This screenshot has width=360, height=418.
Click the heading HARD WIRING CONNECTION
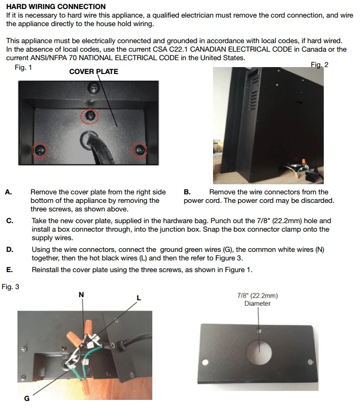pos(56,7)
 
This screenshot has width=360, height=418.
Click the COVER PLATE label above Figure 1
pos(94,71)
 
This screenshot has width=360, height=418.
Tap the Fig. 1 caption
pos(23,68)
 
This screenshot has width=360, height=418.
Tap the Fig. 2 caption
pos(320,65)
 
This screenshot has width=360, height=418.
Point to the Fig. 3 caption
pos(10,286)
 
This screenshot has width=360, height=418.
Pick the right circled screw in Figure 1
pos(139,151)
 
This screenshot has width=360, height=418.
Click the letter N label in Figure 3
pos(81,294)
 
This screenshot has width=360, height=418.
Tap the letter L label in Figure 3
pos(138,298)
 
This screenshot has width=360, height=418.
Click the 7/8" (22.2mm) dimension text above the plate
pos(258,296)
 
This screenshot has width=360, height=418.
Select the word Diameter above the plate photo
pos(258,304)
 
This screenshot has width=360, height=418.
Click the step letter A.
pos(9,192)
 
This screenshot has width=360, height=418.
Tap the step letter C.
pos(9,220)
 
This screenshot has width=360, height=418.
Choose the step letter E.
pos(9,269)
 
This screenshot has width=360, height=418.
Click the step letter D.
pos(9,249)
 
